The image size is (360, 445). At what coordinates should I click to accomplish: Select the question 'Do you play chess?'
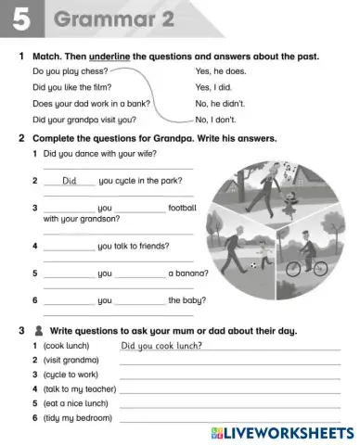[x=70, y=70]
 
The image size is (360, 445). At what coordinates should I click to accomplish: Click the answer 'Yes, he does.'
[x=221, y=70]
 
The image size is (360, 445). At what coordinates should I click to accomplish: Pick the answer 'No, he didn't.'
[x=222, y=103]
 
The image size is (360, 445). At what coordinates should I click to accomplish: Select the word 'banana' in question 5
[x=187, y=273]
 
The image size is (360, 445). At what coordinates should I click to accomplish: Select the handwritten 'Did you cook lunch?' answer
[x=161, y=346]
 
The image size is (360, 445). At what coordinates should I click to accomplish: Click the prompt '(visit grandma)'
[x=71, y=360]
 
